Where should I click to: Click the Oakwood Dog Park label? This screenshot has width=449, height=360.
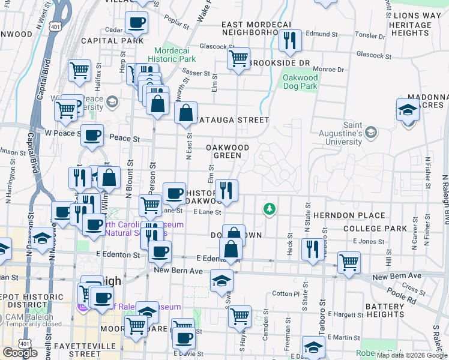pyautogui.click(x=300, y=82)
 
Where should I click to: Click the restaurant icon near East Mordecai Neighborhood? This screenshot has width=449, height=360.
pyautogui.click(x=290, y=40)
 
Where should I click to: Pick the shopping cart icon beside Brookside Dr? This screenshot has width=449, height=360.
pyautogui.click(x=238, y=59)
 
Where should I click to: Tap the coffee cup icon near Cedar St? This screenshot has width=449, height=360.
pyautogui.click(x=136, y=23)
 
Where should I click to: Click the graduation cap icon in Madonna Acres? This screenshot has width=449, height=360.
pyautogui.click(x=408, y=110)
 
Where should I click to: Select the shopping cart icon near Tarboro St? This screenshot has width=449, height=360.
pyautogui.click(x=349, y=262)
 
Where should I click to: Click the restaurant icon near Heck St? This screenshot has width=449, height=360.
pyautogui.click(x=312, y=249)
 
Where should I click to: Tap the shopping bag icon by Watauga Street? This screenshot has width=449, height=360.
pyautogui.click(x=186, y=112)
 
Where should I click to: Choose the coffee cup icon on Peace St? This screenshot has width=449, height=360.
pyautogui.click(x=92, y=135)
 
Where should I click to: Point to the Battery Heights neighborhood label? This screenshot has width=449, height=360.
pyautogui.click(x=385, y=310)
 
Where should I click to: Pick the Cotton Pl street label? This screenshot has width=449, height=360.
pyautogui.click(x=285, y=294)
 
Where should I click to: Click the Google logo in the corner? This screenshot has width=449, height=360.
pyautogui.click(x=20, y=353)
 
